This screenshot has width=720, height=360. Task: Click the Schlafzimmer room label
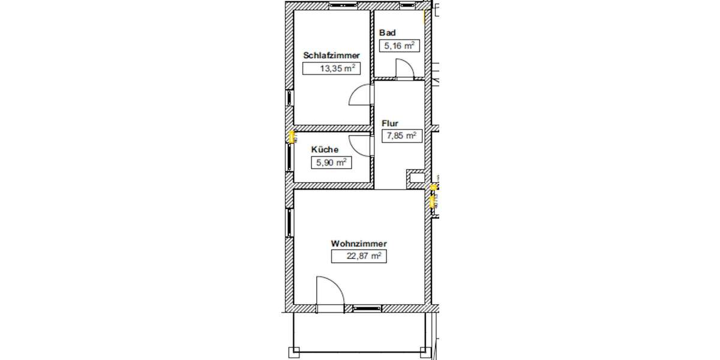331,55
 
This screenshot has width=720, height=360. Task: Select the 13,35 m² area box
331,68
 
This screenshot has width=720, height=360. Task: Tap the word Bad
388,32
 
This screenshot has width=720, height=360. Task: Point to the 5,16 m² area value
398,45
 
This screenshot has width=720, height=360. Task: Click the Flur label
390,124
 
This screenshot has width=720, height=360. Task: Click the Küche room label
325,149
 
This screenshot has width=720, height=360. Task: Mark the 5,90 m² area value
330,162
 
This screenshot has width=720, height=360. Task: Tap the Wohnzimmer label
358,244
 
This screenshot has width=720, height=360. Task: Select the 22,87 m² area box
358,256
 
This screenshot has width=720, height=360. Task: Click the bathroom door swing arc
406,70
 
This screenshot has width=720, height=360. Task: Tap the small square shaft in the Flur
415,178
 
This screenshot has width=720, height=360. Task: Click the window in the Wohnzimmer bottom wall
367,308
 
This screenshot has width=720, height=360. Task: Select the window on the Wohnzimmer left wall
290,223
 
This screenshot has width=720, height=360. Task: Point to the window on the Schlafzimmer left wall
290,98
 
